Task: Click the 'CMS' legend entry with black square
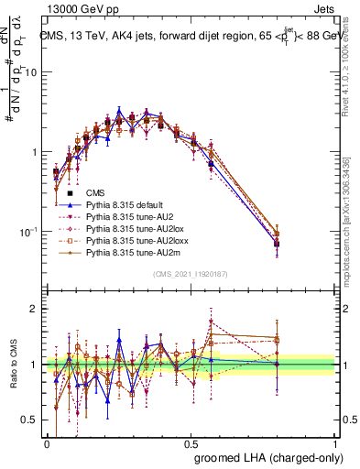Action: pos(95,193)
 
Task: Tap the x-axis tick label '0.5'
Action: pos(191,442)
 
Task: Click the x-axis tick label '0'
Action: pos(47,442)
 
